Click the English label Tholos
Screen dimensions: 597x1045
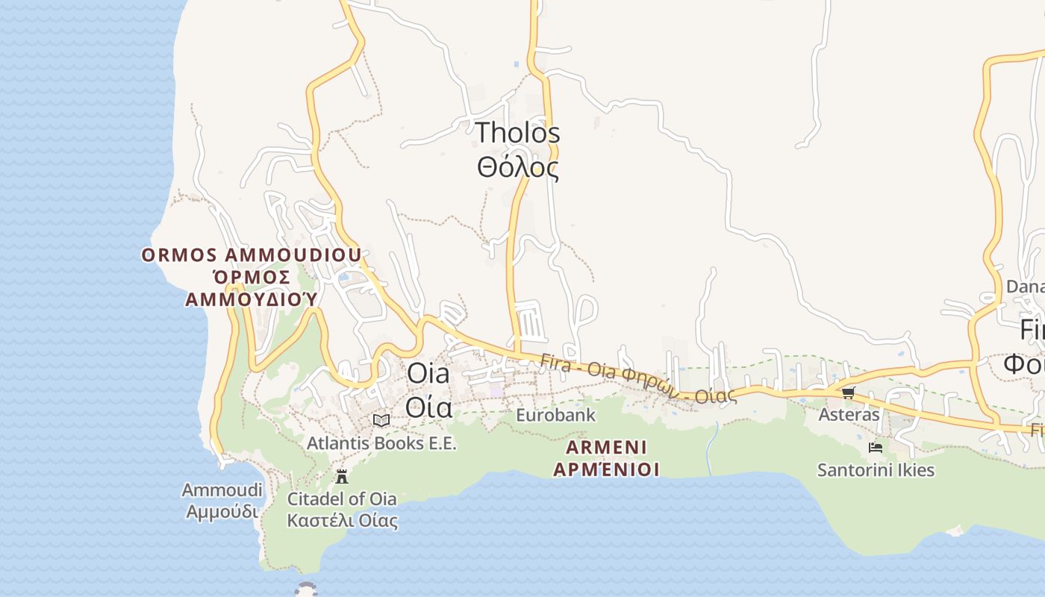[518, 133]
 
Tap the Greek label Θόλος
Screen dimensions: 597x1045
[518, 167]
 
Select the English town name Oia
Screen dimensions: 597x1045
[428, 373]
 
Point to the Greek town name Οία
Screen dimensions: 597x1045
[428, 407]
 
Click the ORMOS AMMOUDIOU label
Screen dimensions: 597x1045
[252, 255]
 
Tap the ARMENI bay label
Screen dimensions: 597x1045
[606, 447]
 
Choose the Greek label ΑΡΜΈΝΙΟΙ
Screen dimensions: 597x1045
[606, 469]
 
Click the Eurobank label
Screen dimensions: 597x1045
[555, 415]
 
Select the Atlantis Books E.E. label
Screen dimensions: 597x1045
[381, 443]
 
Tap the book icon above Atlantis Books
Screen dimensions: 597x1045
[381, 420]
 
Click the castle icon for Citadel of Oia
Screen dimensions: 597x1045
[342, 476]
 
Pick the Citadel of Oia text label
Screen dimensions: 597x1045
[342, 498]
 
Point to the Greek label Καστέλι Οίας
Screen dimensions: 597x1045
[342, 521]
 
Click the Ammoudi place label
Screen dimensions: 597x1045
[222, 490]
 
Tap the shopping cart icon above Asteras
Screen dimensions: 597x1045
[848, 393]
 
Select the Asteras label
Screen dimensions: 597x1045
[849, 414]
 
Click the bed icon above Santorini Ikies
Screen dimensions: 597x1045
[876, 448]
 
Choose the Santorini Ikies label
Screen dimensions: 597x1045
[876, 470]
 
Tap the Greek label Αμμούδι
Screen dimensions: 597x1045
[222, 512]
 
